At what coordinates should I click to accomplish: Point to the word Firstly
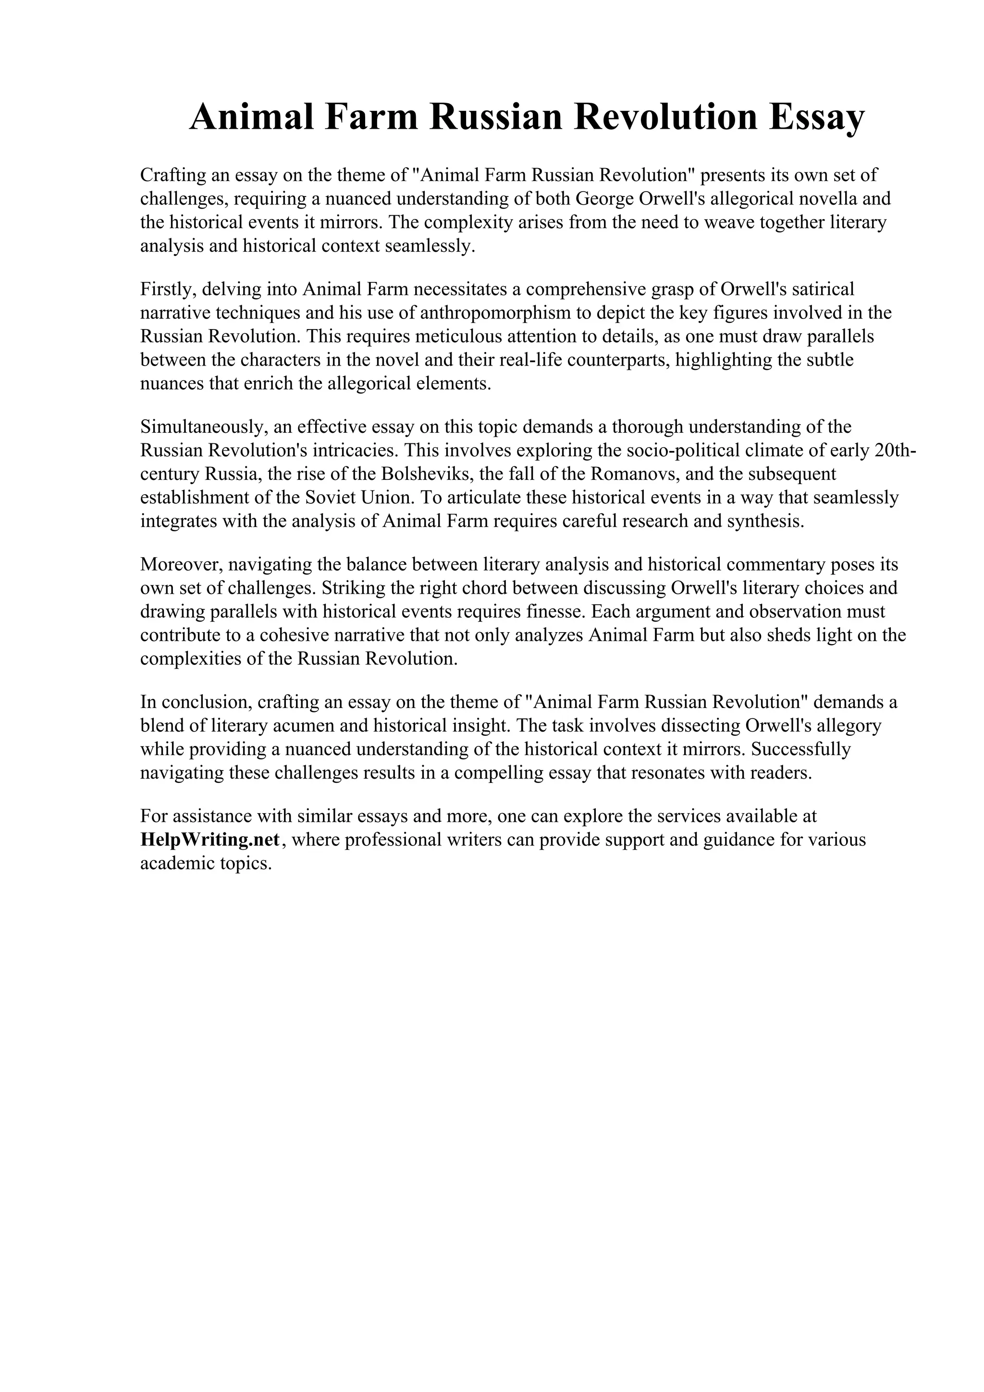169,289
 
